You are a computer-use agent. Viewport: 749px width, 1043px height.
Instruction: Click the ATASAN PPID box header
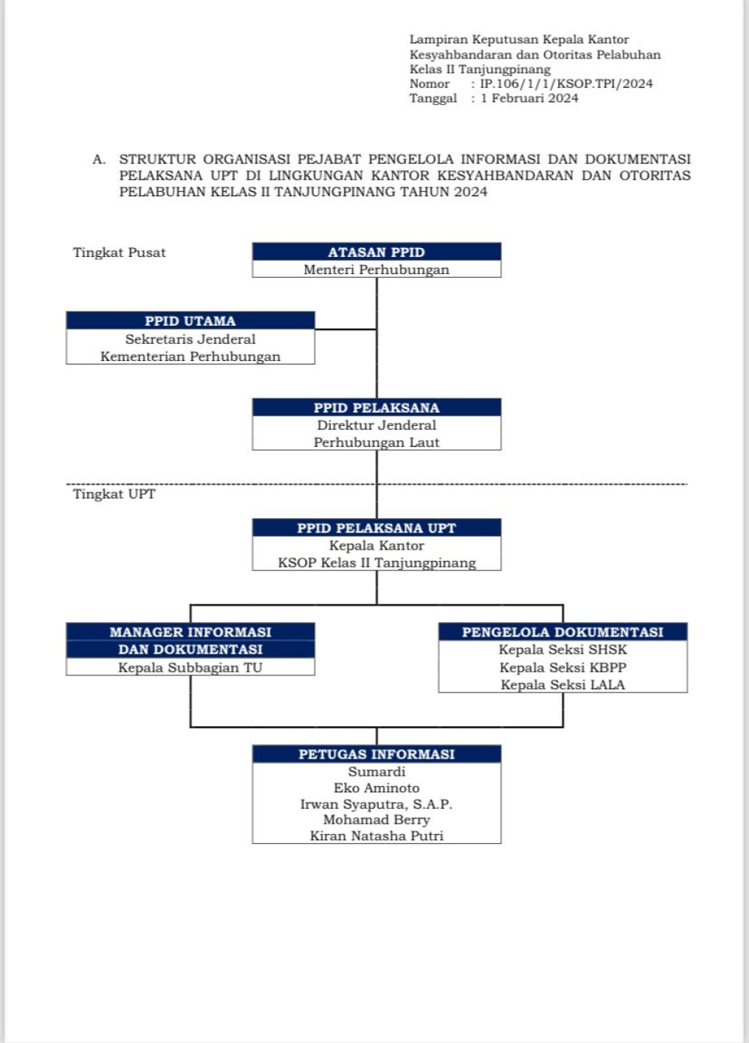point(376,252)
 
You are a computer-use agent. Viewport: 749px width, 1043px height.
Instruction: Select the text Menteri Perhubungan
point(376,270)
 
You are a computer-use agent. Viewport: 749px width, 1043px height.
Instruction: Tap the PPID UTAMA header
point(190,320)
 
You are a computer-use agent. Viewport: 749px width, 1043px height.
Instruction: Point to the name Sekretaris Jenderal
point(190,339)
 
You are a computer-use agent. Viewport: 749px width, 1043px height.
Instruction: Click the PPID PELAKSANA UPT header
point(376,528)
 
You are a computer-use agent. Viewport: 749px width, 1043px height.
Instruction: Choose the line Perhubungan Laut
point(376,443)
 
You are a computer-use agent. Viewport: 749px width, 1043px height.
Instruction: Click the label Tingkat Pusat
point(119,252)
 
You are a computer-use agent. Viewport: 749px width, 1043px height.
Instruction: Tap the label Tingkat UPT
point(114,494)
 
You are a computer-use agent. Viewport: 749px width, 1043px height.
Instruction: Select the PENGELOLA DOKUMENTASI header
point(562,632)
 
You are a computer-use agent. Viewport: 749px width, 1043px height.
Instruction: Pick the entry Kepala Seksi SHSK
point(562,650)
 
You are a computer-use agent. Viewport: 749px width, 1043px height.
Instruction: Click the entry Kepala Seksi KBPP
point(562,667)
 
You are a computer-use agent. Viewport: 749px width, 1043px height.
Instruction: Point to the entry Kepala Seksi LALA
point(562,685)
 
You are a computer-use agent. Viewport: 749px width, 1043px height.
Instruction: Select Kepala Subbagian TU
point(190,667)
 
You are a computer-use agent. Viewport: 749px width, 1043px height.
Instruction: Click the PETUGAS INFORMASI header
point(376,754)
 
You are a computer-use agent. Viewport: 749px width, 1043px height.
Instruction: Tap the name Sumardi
point(376,771)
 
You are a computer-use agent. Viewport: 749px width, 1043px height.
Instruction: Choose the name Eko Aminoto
point(376,788)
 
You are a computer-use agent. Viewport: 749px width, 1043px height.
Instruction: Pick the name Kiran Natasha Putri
point(376,836)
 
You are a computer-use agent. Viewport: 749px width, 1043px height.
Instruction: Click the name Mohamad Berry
point(376,819)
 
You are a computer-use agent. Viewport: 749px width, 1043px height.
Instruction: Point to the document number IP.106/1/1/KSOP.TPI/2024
point(566,84)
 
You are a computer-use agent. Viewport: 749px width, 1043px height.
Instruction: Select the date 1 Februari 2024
point(530,98)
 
